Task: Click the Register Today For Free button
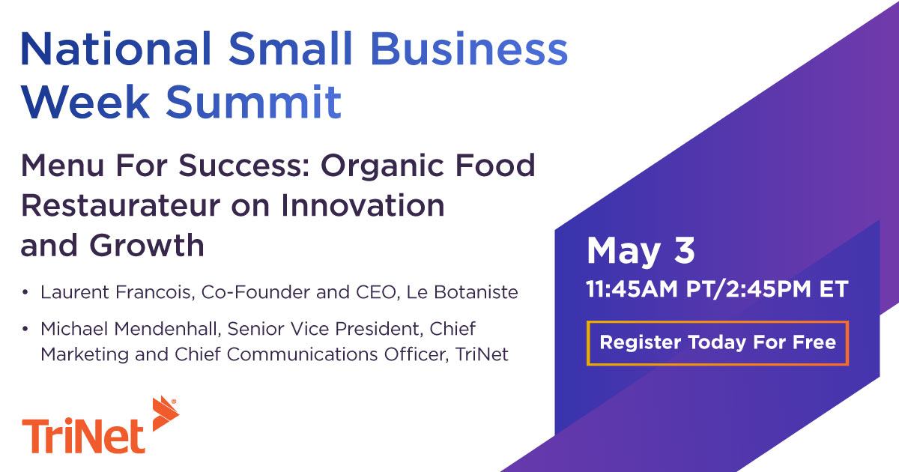[x=718, y=343]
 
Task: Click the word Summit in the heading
[x=253, y=102]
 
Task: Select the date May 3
[x=641, y=251]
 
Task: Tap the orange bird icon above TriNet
[x=164, y=414]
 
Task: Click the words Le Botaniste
[x=462, y=292]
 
